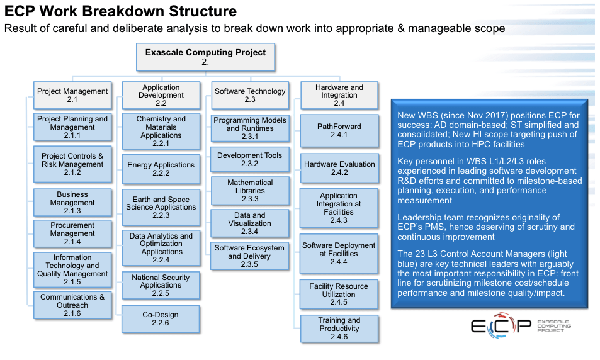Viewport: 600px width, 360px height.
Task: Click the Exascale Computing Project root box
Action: click(x=205, y=57)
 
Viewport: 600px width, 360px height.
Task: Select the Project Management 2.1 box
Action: click(x=72, y=95)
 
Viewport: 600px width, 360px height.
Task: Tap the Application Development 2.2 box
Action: click(x=161, y=95)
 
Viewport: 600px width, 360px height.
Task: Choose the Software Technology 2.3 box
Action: click(x=250, y=95)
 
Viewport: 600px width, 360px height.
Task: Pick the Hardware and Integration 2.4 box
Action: click(x=339, y=95)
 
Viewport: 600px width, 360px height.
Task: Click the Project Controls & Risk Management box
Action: click(x=72, y=164)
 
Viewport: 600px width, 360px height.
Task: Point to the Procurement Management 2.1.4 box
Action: click(x=72, y=233)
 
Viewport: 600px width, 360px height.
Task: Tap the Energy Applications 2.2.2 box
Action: click(x=161, y=169)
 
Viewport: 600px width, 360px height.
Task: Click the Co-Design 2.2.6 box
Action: click(x=161, y=318)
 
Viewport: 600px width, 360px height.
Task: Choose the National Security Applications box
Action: click(x=161, y=284)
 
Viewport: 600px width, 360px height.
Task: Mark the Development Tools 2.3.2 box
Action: click(x=250, y=159)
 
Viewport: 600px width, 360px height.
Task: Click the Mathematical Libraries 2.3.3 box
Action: click(x=250, y=190)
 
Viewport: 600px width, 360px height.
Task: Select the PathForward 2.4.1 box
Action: click(x=339, y=130)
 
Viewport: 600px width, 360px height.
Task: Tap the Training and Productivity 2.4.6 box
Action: click(x=339, y=328)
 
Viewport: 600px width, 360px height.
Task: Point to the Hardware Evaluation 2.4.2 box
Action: click(x=339, y=168)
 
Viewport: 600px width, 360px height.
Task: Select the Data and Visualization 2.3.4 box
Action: click(x=250, y=223)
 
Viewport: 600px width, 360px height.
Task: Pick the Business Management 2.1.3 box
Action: click(x=72, y=202)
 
